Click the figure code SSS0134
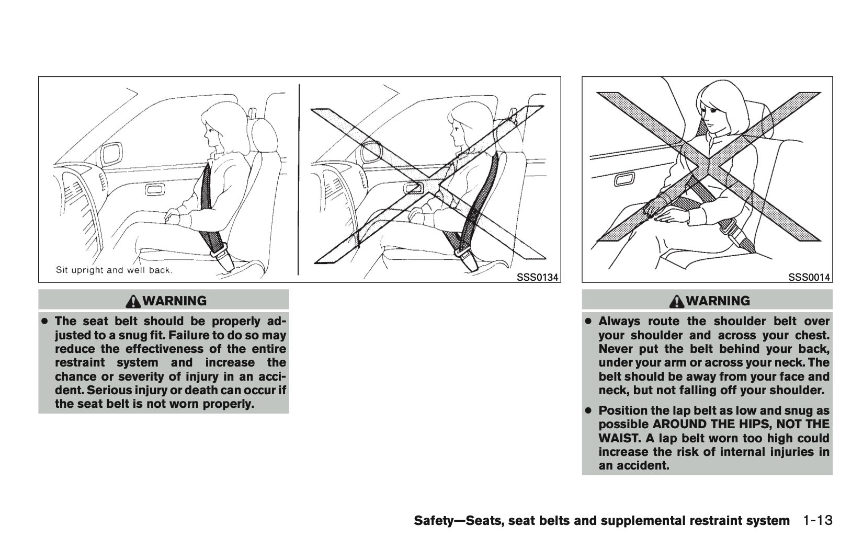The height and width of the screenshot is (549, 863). [x=537, y=278]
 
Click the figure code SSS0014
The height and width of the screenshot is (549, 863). [x=810, y=278]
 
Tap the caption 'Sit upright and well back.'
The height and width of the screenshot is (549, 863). [x=114, y=270]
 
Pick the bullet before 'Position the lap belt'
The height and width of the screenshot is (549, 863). [x=588, y=411]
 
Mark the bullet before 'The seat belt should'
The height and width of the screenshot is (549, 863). [x=45, y=321]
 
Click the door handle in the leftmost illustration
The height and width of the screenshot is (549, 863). [x=155, y=189]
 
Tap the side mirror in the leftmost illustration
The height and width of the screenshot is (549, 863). [x=111, y=154]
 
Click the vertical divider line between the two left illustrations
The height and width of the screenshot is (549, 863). [x=299, y=179]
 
